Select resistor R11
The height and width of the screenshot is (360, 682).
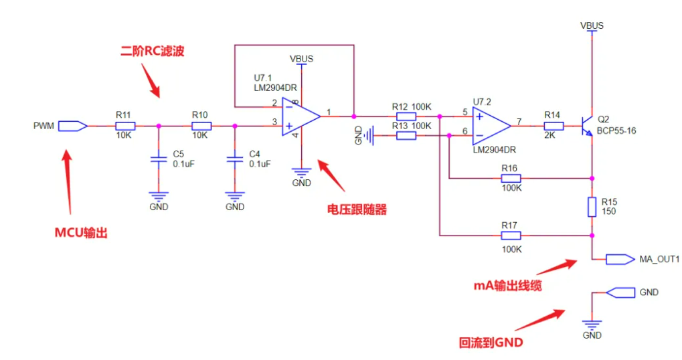coord(125,125)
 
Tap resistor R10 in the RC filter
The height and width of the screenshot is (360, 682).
coord(201,125)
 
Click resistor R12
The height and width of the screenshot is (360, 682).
coord(406,116)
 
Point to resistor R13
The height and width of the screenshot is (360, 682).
coord(406,136)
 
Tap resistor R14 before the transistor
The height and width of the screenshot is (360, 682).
coord(552,125)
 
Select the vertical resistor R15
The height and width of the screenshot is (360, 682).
coord(592,207)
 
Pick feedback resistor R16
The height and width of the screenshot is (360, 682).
coord(511,178)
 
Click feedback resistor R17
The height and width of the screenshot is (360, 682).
coord(511,236)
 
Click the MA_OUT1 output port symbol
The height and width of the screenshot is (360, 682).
coord(619,259)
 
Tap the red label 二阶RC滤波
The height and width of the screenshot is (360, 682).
coord(152,51)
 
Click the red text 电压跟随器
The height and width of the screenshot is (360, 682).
coord(357,209)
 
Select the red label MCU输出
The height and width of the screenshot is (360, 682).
coord(81,233)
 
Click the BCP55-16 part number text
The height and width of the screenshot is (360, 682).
coord(616,130)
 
